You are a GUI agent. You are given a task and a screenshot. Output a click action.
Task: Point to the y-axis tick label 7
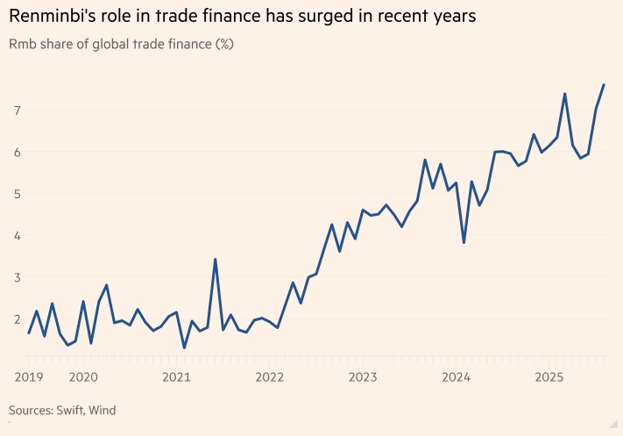tap(16, 110)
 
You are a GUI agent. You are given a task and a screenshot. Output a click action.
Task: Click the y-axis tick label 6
tap(16, 152)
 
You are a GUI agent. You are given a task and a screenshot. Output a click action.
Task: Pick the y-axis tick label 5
tap(16, 194)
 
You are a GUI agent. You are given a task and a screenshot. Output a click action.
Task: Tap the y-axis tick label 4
tap(16, 236)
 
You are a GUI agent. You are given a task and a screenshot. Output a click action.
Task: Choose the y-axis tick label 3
tap(16, 278)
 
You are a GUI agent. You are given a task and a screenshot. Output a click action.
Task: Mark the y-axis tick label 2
tap(16, 319)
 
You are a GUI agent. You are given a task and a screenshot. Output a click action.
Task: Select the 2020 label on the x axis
tap(83, 377)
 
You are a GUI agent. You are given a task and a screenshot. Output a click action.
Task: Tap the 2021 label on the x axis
tap(176, 377)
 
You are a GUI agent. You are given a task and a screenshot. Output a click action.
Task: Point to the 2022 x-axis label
tap(269, 377)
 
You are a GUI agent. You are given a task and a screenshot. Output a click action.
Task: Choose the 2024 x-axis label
tap(456, 377)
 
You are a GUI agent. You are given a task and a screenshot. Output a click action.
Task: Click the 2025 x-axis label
tap(549, 377)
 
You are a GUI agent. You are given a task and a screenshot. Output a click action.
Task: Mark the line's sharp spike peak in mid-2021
tap(216, 259)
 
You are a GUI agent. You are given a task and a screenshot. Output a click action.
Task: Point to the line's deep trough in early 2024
tap(464, 243)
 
